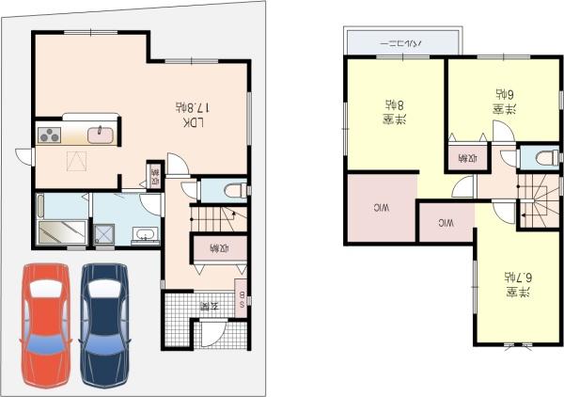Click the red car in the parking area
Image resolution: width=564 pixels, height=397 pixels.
tap(45, 323)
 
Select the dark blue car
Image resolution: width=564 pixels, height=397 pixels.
tap(104, 323)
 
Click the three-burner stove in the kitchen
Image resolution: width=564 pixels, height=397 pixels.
tap(50, 135)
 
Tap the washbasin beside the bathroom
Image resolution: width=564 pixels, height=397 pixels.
tap(144, 235)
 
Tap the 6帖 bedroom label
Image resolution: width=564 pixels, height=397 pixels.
tap(502, 102)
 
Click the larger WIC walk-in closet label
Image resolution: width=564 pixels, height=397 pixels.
tap(382, 206)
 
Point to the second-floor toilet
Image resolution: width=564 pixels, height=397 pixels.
tap(539, 158)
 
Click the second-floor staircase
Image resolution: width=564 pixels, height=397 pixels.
tap(539, 202)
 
